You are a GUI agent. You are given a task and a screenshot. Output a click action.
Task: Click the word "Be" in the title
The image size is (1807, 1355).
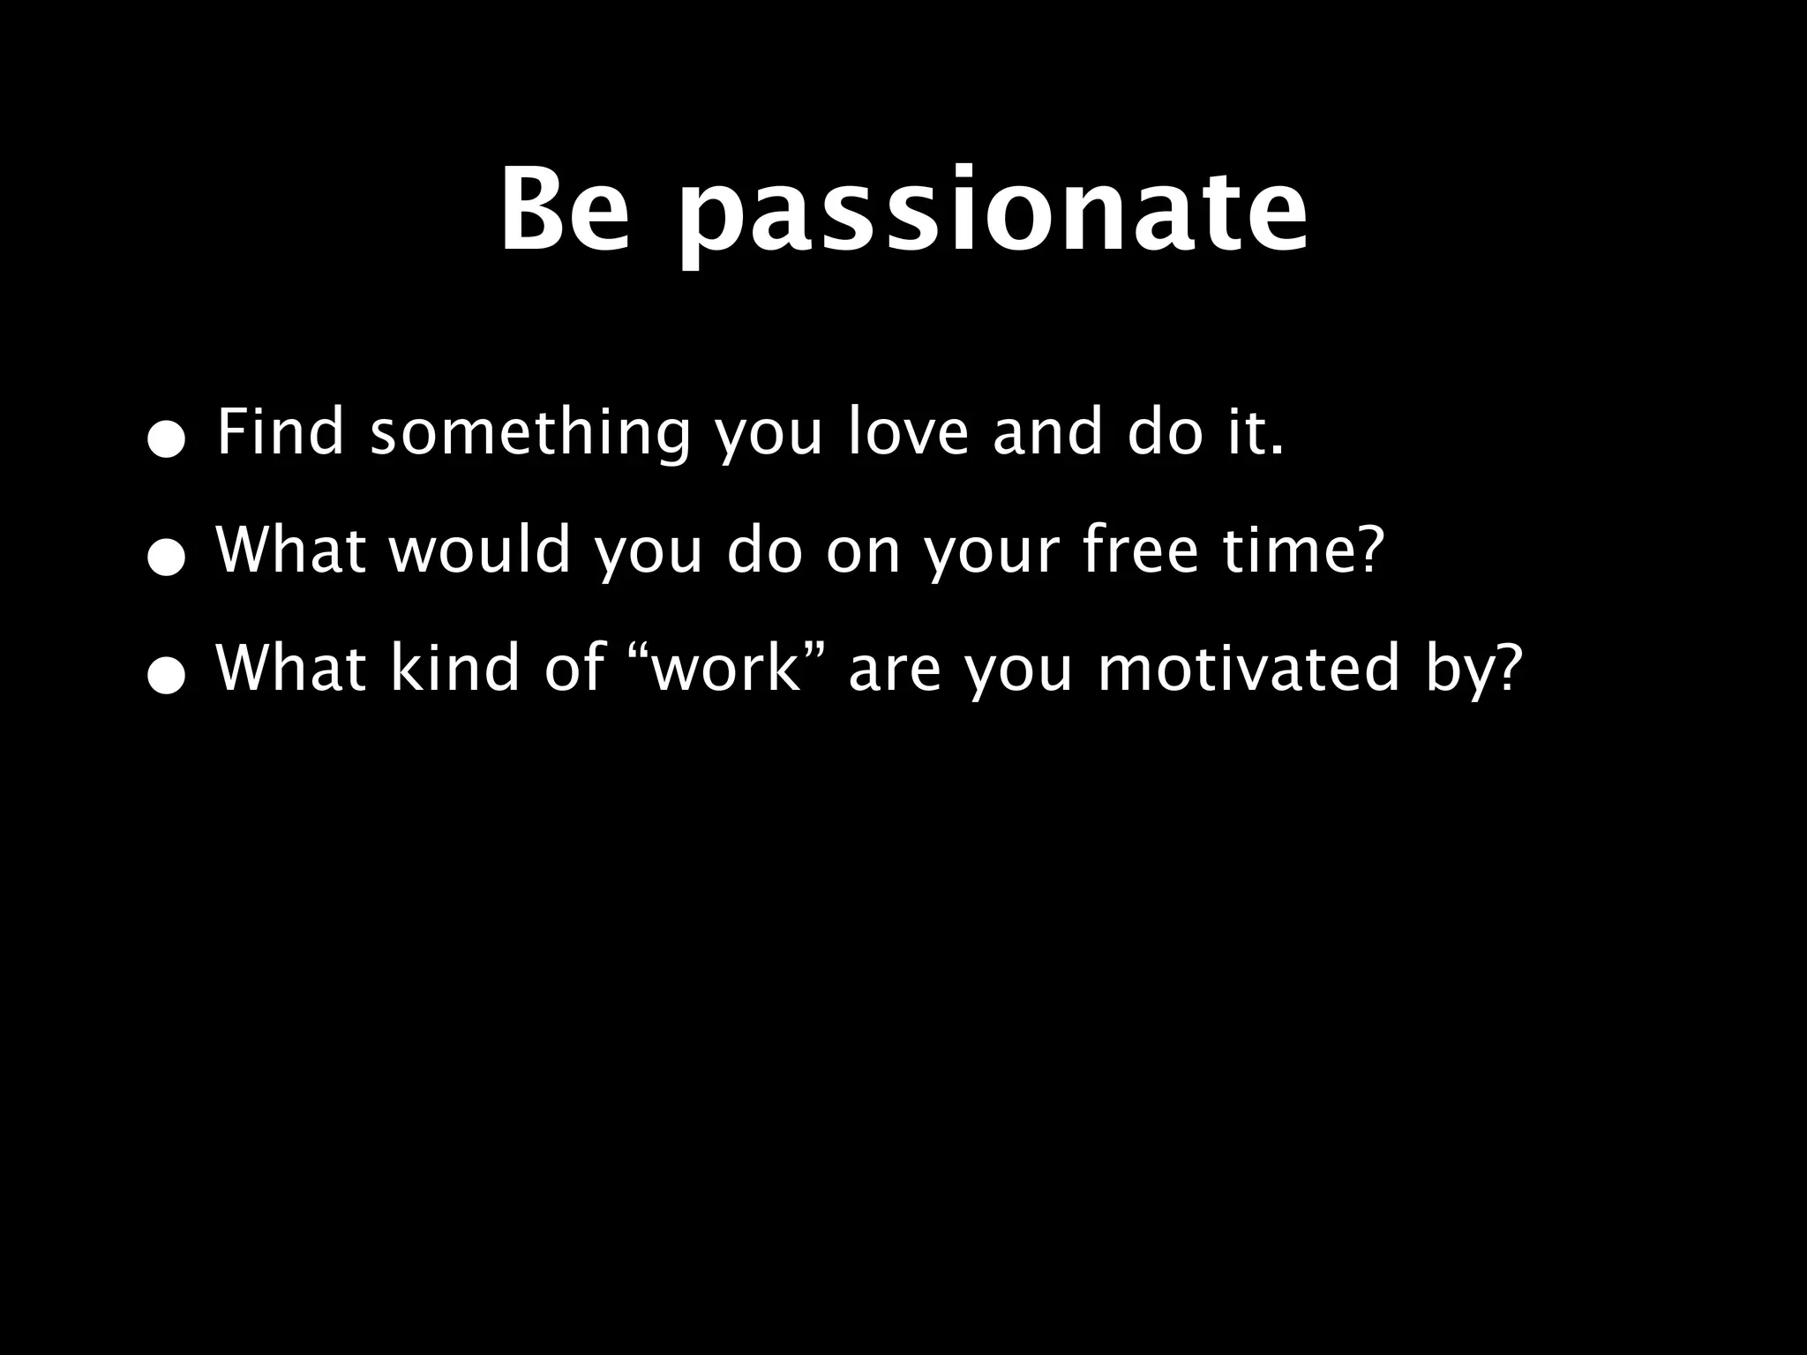pos(566,211)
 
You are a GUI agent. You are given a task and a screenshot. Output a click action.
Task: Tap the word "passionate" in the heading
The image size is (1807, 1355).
pos(993,216)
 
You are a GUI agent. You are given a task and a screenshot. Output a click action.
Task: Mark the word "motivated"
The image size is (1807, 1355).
pos(1249,668)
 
